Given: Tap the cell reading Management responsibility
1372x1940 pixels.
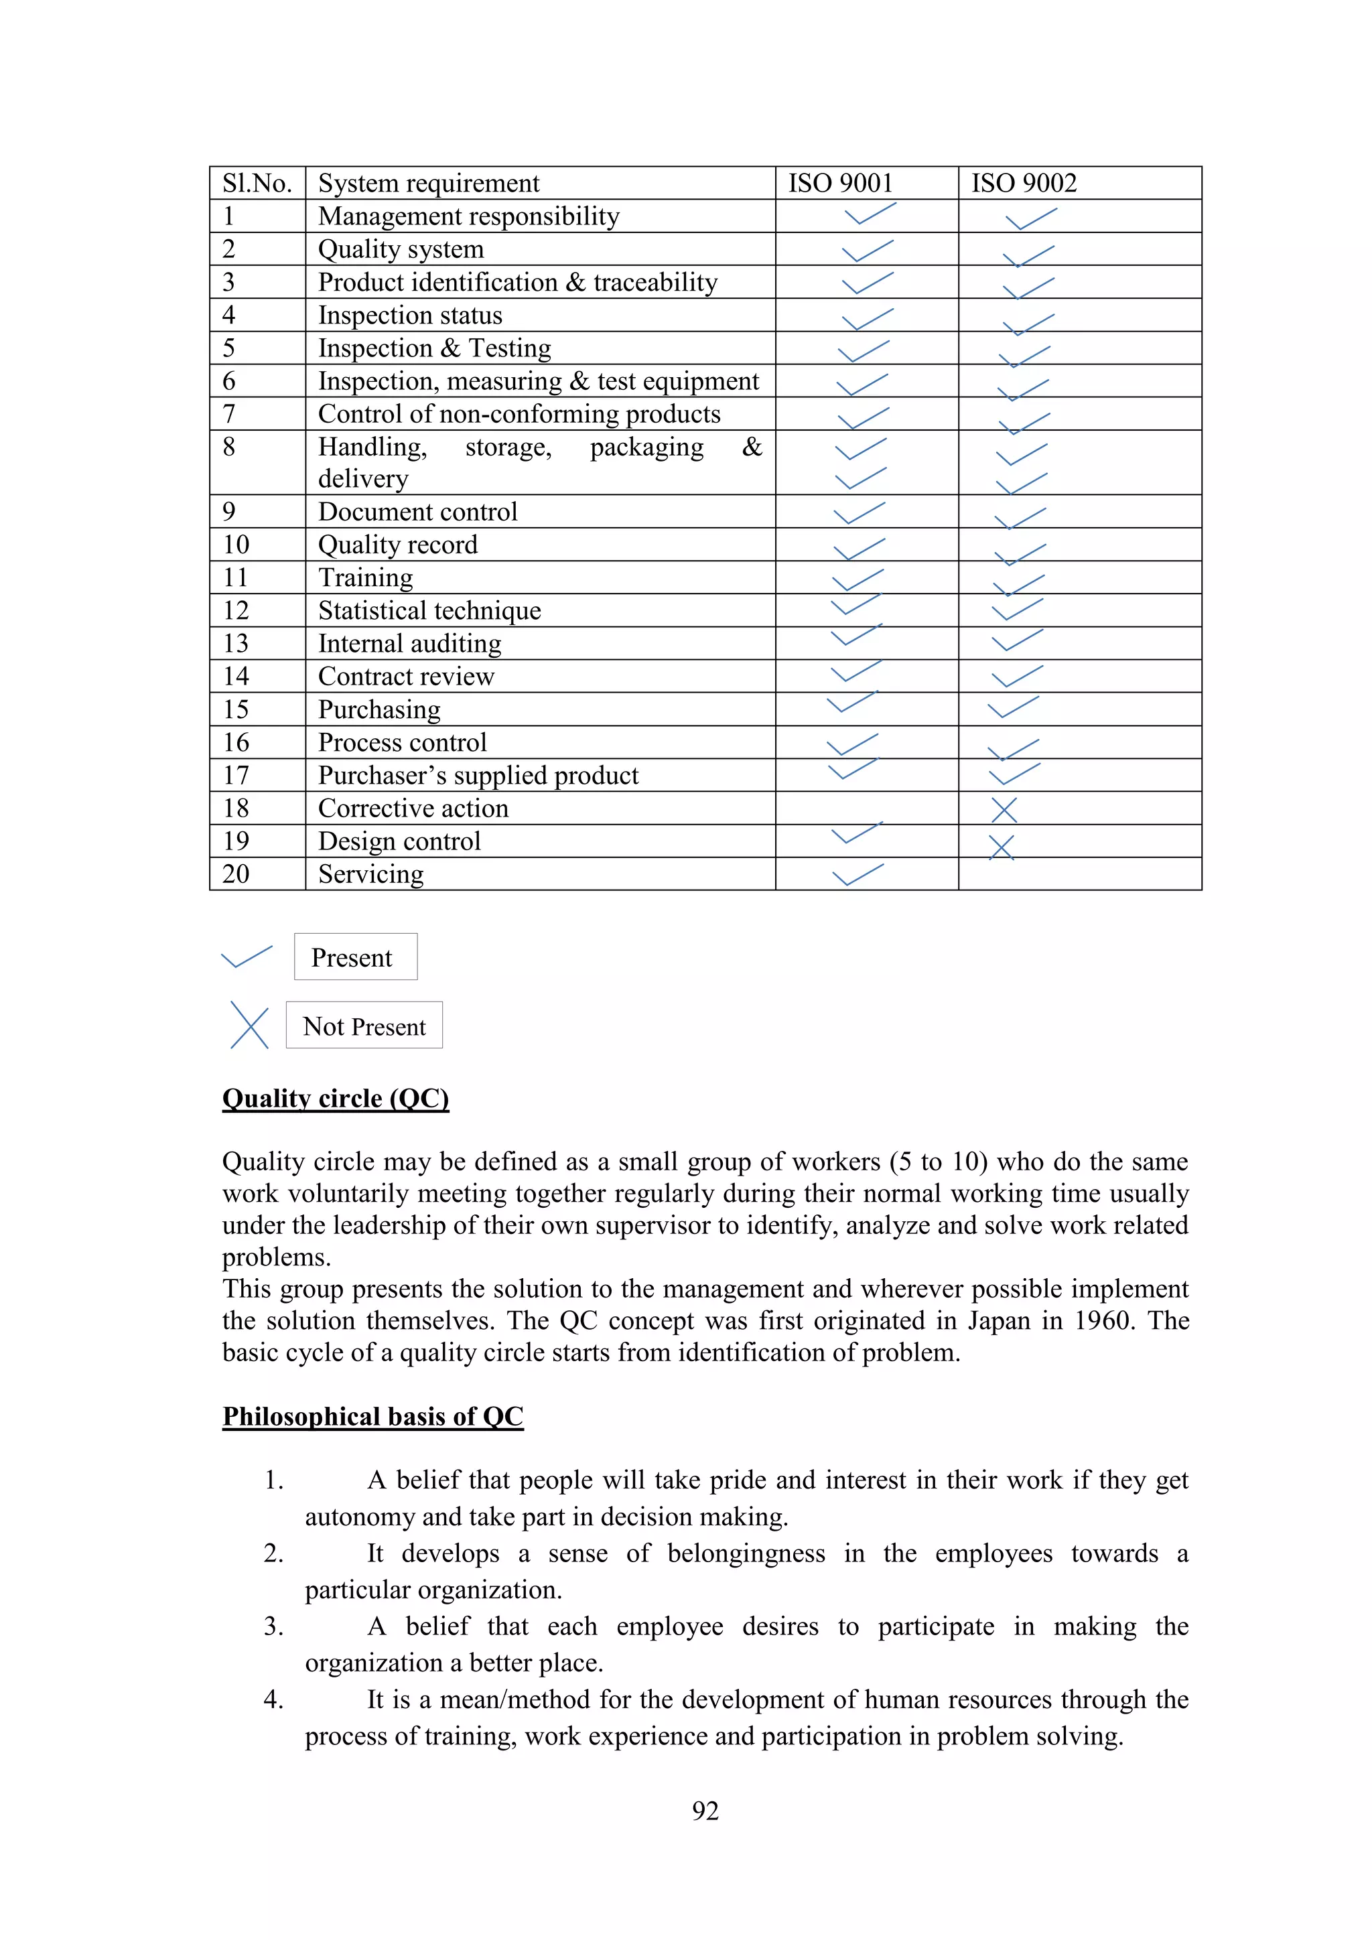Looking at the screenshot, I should pyautogui.click(x=468, y=216).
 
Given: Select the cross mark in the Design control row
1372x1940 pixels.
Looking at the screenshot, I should pyautogui.click(x=1001, y=847).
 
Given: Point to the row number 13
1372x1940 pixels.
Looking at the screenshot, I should pyautogui.click(x=236, y=644).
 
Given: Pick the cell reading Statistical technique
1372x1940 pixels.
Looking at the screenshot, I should pyautogui.click(x=429, y=611).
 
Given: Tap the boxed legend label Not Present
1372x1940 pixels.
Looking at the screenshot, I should pyautogui.click(x=364, y=1027).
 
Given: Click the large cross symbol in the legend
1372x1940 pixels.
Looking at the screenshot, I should pyautogui.click(x=249, y=1026).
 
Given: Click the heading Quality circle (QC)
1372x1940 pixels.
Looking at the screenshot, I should pyautogui.click(x=336, y=1099).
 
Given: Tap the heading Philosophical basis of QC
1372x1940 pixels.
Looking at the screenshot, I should pyautogui.click(x=372, y=1416).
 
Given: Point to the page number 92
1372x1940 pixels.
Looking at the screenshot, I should pyautogui.click(x=705, y=1811).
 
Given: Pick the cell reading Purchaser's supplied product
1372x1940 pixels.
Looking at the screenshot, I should pyautogui.click(x=478, y=776).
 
